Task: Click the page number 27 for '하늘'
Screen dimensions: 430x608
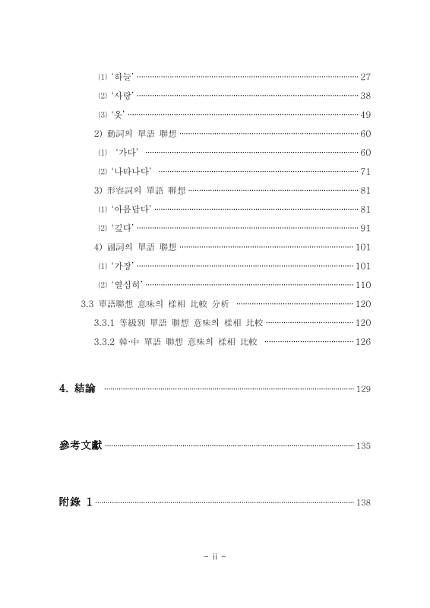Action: coord(365,77)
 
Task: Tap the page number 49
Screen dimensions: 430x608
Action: coord(365,115)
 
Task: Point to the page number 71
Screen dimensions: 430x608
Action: coord(365,171)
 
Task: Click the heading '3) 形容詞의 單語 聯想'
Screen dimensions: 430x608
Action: coord(139,190)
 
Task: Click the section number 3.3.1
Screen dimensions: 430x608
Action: coord(104,322)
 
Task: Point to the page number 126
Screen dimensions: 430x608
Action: coord(362,341)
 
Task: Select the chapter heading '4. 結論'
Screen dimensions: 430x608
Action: coord(77,388)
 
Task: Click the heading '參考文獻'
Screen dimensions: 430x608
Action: coord(81,445)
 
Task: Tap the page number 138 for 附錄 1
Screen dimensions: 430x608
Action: coord(362,502)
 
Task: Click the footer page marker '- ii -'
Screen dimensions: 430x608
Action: coord(215,556)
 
